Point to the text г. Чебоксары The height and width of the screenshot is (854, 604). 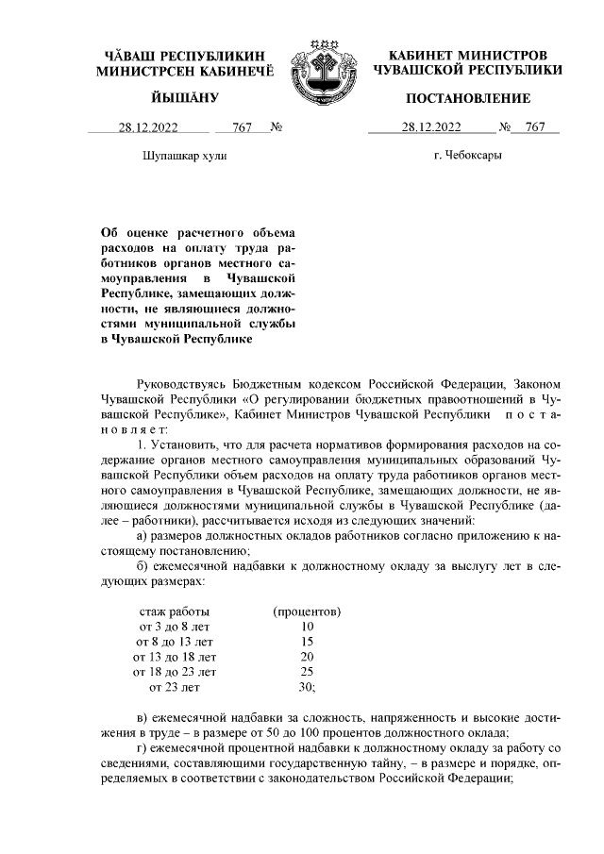click(468, 155)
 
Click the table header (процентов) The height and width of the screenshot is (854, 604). click(307, 611)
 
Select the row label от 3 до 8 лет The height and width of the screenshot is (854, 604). click(175, 627)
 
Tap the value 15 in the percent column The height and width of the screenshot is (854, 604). click(307, 642)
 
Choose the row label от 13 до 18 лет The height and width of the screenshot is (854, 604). click(175, 657)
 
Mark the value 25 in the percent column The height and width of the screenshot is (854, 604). click(307, 672)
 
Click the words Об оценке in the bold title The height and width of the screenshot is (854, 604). click(130, 232)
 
